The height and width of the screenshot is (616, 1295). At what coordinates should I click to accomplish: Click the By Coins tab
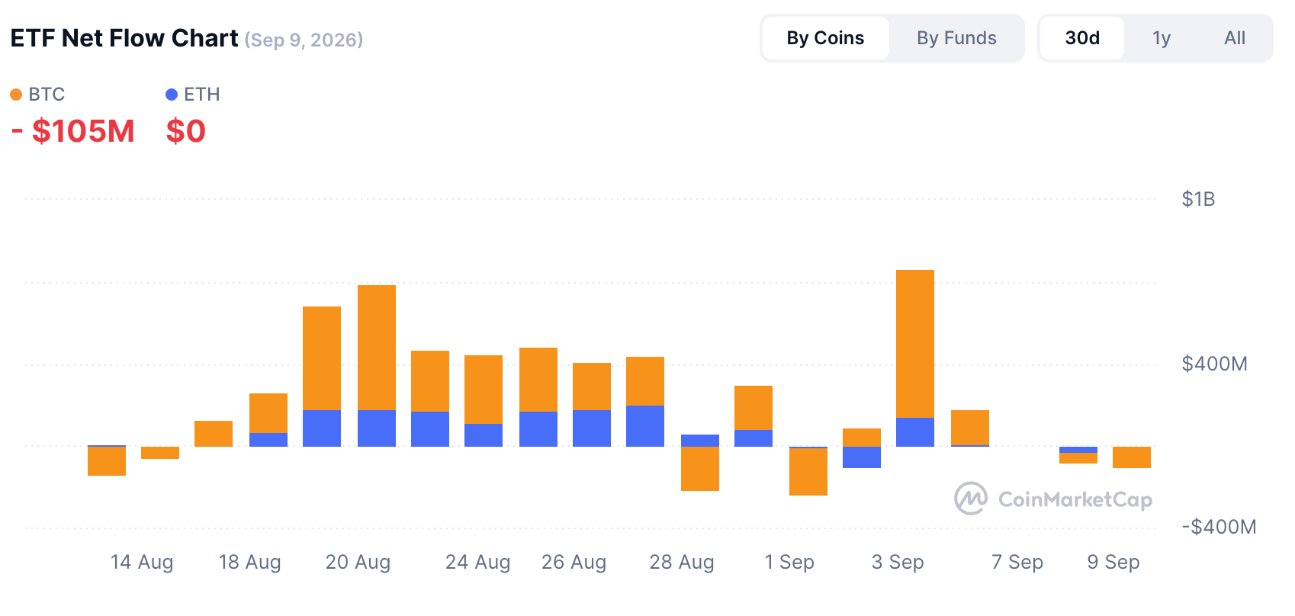click(x=825, y=38)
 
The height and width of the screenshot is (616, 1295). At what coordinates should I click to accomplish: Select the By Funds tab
click(x=956, y=38)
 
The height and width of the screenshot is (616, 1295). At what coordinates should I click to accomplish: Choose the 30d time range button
click(x=1082, y=38)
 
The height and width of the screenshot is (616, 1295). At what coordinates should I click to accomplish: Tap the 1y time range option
click(x=1162, y=38)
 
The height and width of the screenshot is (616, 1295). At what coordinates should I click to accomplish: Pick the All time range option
click(x=1234, y=38)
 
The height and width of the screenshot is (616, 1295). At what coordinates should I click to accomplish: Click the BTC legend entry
click(x=37, y=95)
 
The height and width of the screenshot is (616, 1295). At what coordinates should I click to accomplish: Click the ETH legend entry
click(x=192, y=95)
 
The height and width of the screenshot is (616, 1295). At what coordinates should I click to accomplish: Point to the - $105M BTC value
click(x=73, y=130)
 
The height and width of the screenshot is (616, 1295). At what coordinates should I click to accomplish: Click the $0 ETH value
click(x=185, y=130)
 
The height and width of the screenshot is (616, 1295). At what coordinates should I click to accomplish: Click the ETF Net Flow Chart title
click(x=124, y=38)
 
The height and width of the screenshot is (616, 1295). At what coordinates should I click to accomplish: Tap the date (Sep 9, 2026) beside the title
click(x=304, y=40)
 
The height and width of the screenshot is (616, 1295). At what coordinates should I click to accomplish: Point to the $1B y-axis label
click(x=1198, y=199)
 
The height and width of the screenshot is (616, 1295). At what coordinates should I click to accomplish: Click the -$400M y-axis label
click(x=1219, y=527)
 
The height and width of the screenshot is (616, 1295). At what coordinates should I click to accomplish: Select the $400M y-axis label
click(x=1215, y=364)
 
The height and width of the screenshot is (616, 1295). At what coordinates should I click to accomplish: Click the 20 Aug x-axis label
click(x=358, y=562)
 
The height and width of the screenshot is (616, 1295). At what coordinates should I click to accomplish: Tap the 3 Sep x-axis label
click(x=898, y=562)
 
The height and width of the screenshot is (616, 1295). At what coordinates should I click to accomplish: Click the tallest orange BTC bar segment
click(x=915, y=344)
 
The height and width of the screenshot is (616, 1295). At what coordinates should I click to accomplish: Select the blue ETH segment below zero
click(x=861, y=457)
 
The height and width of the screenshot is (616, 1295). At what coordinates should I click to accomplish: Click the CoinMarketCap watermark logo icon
click(x=971, y=498)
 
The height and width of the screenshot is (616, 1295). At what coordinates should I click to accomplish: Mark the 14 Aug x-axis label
click(x=142, y=562)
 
